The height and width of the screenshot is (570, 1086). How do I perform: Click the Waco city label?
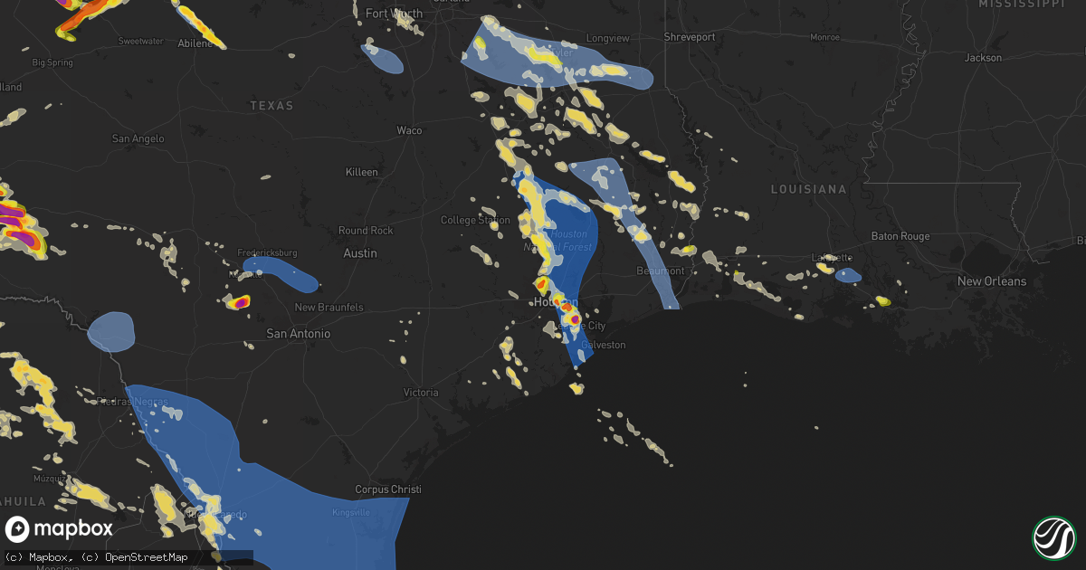[x=409, y=130]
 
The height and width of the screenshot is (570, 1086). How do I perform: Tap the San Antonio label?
[x=298, y=334]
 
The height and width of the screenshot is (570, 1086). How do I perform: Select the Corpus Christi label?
[x=388, y=489]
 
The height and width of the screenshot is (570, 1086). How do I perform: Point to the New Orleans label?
[x=992, y=281]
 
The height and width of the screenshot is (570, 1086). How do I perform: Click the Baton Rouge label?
[x=900, y=236]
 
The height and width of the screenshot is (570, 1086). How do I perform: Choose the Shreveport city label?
[x=690, y=37]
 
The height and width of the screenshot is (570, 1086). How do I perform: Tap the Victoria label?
[x=421, y=393]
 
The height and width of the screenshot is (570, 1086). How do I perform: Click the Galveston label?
[x=603, y=345]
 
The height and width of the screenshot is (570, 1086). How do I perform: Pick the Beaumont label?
[x=661, y=271]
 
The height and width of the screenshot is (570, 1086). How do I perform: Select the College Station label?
[x=475, y=220]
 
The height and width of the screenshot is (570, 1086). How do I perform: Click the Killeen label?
[x=362, y=172]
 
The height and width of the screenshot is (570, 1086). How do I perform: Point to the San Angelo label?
[x=138, y=138]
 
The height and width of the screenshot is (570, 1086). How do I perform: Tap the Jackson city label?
[x=984, y=58]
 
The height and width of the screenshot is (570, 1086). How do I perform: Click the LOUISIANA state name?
[x=808, y=189]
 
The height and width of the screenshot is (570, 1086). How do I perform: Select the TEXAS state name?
[x=271, y=106]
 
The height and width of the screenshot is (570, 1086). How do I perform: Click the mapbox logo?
[x=60, y=529]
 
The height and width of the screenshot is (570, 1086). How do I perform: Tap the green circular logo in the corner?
[x=1053, y=537]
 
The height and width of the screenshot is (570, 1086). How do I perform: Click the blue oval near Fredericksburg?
[x=281, y=272]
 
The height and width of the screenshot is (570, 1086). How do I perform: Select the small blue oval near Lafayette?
[x=849, y=275]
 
